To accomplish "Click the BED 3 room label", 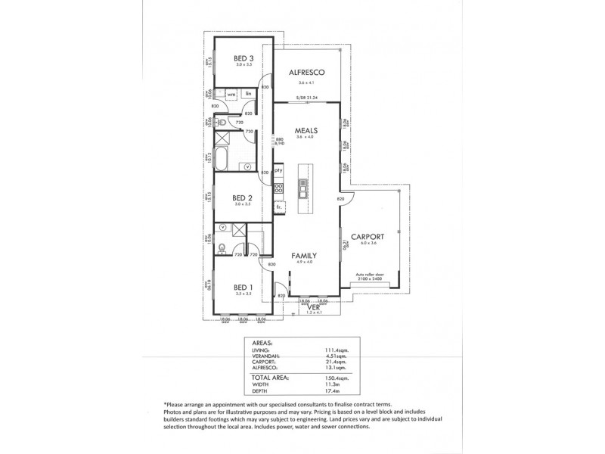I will [x=242, y=58].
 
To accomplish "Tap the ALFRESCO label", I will [x=306, y=72].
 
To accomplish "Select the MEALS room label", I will [x=306, y=130].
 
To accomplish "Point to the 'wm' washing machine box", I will [x=231, y=94].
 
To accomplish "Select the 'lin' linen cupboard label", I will [x=247, y=94].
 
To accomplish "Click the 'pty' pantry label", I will [x=278, y=170].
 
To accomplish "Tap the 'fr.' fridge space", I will [x=278, y=205].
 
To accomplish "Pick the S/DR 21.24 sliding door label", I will [x=306, y=98].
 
